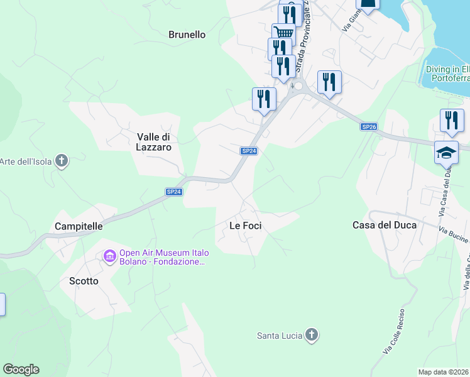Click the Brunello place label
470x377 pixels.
coord(187,35)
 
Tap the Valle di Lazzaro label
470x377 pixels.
coord(154,141)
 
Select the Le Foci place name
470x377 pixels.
coord(245,226)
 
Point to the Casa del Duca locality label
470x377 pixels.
coord(384,225)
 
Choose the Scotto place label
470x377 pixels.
coord(84,281)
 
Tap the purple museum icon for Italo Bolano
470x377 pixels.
coord(109,256)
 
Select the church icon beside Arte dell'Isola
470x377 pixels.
coord(62,161)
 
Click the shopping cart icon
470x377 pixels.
coord(284,33)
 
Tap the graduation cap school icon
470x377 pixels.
coord(446,153)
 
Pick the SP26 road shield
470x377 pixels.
coord(369,126)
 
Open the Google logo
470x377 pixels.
coord(21,369)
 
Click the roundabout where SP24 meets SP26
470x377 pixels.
coord(297,87)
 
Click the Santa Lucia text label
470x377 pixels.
coord(280,335)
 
